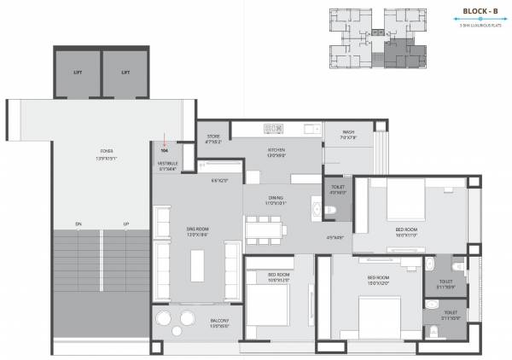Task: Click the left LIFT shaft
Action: click(78, 73)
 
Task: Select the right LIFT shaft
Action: click(125, 73)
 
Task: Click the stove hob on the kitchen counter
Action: click(273, 129)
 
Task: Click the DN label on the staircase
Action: click(79, 225)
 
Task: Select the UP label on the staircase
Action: click(126, 225)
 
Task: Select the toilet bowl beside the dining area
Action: click(335, 209)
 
